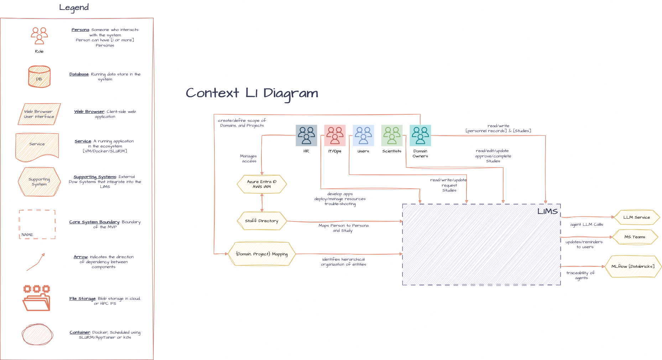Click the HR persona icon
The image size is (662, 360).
(306, 135)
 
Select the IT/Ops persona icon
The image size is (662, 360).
(335, 135)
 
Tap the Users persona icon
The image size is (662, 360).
(363, 135)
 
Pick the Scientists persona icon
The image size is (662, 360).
(392, 135)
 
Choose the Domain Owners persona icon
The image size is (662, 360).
(420, 135)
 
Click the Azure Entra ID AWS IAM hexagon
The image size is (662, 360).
(262, 184)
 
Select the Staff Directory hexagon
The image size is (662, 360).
(262, 221)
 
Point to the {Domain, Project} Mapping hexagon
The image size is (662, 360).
(262, 254)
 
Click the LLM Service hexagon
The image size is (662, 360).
(636, 217)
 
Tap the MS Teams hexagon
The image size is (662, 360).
(635, 237)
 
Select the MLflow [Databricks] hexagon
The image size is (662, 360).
(633, 266)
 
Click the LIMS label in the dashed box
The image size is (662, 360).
(547, 212)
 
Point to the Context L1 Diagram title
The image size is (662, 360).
(252, 93)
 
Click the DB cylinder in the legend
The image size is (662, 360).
(39, 77)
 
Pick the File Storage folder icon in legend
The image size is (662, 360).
(36, 298)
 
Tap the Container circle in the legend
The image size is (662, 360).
(37, 334)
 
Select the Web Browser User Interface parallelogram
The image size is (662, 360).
(39, 114)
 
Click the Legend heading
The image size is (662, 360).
(74, 7)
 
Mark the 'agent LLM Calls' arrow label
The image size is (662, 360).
(587, 225)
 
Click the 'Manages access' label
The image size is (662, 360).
(249, 158)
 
